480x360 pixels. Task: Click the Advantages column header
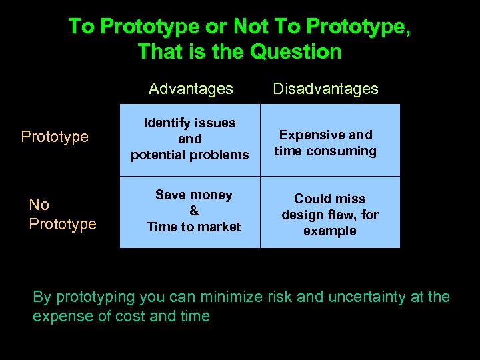click(191, 89)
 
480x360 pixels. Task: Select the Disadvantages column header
click(326, 89)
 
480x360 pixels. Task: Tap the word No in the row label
click(39, 205)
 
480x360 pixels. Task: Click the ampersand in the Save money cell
click(194, 211)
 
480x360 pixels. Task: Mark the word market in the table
click(217, 227)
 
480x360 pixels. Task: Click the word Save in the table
click(170, 195)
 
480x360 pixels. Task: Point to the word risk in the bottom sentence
click(278, 297)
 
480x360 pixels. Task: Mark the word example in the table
click(329, 231)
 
